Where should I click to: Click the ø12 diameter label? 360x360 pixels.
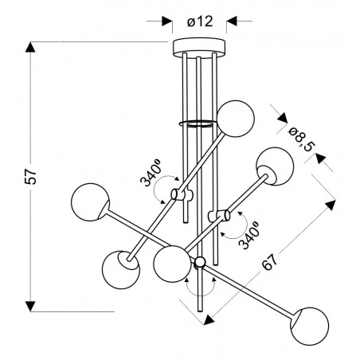pos(200,22)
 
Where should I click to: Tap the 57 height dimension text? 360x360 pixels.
pos(30,177)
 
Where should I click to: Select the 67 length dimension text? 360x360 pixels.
pos(270,261)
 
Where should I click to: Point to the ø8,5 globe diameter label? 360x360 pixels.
pos(302,139)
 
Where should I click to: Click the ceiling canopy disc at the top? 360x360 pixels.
pos(199,47)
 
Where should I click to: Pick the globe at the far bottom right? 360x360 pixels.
pos(310,327)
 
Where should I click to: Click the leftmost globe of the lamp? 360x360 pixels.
pos(90,202)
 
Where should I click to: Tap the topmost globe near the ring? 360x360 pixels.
pos(236,119)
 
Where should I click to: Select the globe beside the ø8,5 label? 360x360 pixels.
pos(275,166)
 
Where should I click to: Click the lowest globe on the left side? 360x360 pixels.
pos(121,270)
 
